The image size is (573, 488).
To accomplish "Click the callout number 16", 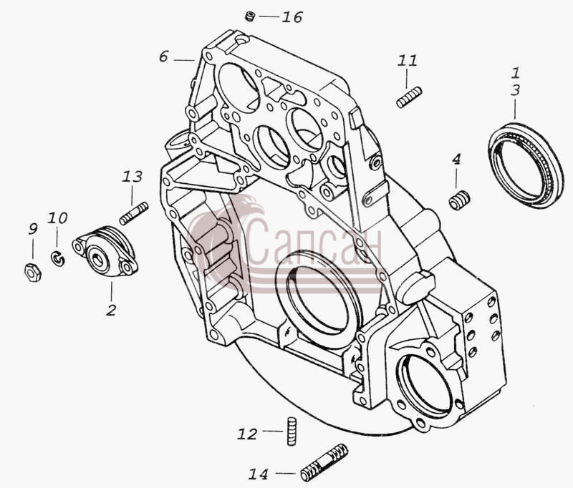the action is tap(292, 17).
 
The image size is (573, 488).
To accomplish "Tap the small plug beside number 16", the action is tap(250, 16).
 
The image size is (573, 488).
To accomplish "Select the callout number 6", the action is tap(163, 57).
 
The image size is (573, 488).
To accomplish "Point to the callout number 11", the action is tap(408, 60).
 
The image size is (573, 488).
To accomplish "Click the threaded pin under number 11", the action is tap(409, 97).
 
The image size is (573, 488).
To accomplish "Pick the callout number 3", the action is tap(515, 90).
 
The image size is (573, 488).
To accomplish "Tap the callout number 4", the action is tap(456, 159).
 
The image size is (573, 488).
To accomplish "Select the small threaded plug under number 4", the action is tap(459, 200).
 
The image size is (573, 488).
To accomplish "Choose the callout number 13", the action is tap(132, 177).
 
